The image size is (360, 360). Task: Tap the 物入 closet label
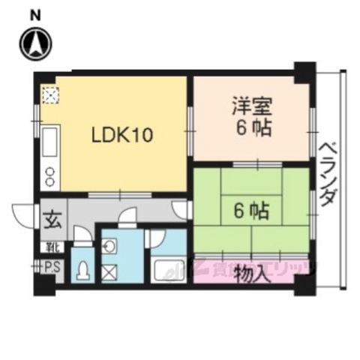point(251,271)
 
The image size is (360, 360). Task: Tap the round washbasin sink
point(109,245)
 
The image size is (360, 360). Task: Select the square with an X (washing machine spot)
point(110,271)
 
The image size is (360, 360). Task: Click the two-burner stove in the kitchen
point(50,177)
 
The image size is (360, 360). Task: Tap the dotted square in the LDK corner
point(50,94)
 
